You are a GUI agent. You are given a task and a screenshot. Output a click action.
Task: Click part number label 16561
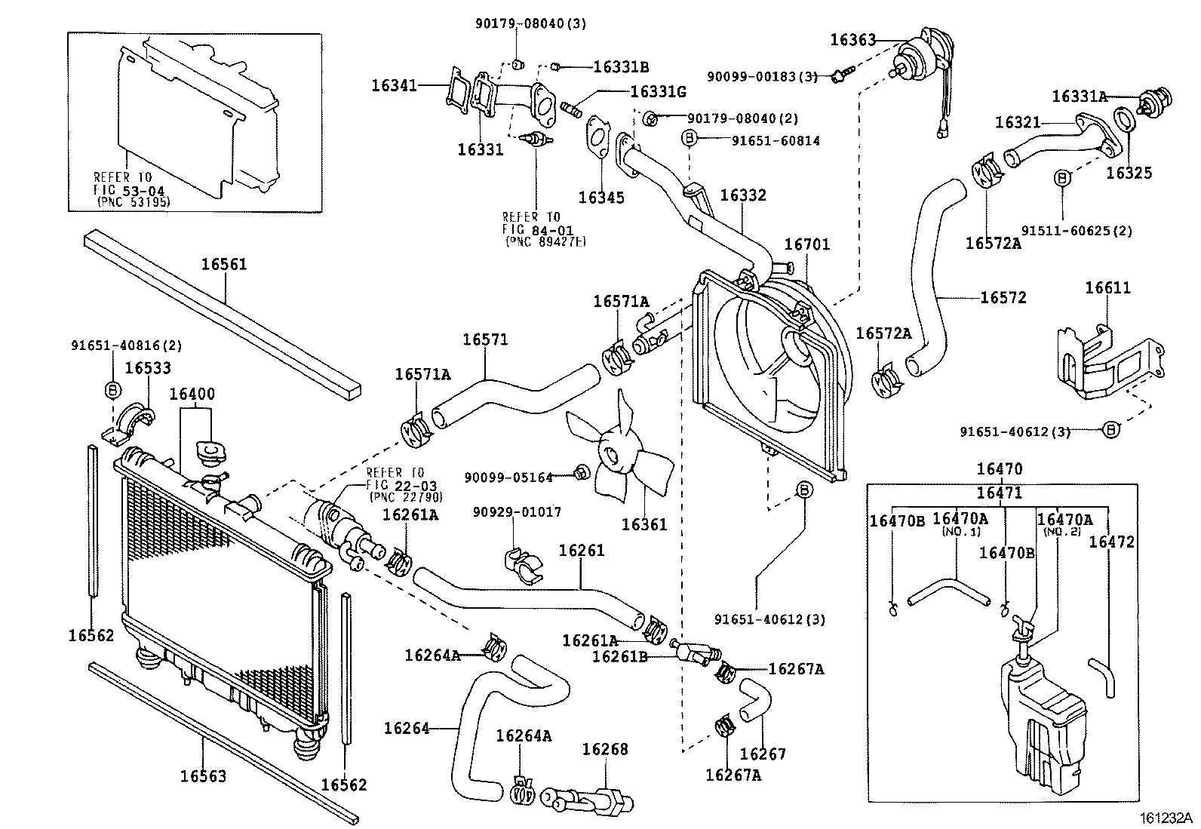coord(224,265)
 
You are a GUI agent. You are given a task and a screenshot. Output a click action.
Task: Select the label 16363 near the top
coord(852,40)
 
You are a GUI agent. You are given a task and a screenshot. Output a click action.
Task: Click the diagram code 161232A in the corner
coord(1166,817)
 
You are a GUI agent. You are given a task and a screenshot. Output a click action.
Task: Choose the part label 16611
coord(1107,288)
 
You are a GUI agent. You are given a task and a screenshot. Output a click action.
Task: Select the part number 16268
coord(604,750)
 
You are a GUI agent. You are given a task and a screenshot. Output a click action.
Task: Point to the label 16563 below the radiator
coord(203,775)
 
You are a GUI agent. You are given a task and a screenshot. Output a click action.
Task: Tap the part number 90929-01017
coord(517,512)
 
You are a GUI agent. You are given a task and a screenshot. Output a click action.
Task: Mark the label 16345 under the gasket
coord(601,198)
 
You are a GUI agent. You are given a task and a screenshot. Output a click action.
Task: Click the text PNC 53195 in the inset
coord(134,202)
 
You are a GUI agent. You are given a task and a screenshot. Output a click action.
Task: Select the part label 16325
coord(1129,173)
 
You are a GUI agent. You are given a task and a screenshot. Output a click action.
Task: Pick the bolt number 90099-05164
coord(508,477)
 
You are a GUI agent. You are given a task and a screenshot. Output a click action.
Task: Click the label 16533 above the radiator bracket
coord(148,367)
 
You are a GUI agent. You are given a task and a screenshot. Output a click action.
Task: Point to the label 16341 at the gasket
coord(394,86)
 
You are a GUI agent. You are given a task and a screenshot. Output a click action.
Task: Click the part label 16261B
coord(620,656)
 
